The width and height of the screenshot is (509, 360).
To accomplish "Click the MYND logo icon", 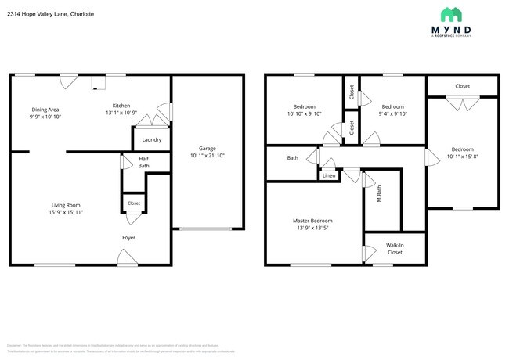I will (x=451, y=14).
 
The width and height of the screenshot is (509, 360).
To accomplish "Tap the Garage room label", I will (x=207, y=148).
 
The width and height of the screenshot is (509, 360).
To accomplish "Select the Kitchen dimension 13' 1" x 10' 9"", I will (x=121, y=113).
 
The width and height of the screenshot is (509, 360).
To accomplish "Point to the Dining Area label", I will (x=45, y=110).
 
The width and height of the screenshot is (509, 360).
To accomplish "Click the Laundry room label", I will (x=151, y=140).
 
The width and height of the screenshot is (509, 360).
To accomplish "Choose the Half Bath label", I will (x=144, y=162).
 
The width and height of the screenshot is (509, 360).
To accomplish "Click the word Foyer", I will (x=128, y=237).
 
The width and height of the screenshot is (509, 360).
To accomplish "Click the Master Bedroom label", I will (x=312, y=221).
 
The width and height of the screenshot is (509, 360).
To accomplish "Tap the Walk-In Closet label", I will (x=395, y=249).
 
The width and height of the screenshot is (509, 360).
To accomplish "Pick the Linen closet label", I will (x=330, y=176).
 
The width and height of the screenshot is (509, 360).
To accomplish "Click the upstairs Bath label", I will (x=292, y=158).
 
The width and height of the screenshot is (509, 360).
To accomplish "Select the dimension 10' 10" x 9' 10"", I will (x=305, y=113).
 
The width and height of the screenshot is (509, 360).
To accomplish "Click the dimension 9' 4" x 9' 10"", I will (x=392, y=113).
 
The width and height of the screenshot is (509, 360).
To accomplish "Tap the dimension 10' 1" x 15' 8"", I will (x=462, y=156).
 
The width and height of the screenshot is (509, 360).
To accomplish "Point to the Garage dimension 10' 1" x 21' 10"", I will (x=207, y=155).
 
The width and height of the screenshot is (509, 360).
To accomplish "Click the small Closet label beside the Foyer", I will (x=134, y=203).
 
